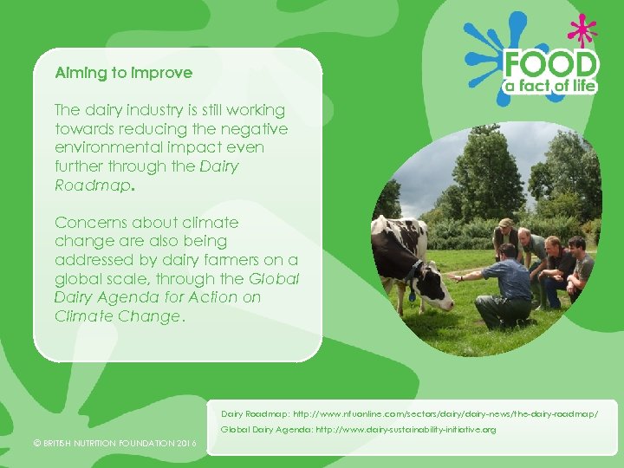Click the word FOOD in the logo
(x=551, y=65)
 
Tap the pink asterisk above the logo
(x=582, y=31)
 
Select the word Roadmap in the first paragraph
(x=92, y=185)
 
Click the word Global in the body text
(x=274, y=279)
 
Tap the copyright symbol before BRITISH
(x=36, y=444)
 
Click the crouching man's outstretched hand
(x=453, y=277)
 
